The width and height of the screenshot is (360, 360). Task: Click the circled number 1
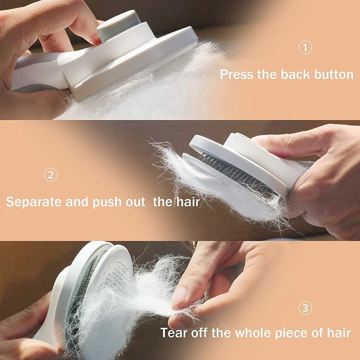pos(305,48)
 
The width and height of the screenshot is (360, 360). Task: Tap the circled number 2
pos(51,175)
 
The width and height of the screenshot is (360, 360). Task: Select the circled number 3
pos(305,308)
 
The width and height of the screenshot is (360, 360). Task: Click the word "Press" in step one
pos(237,75)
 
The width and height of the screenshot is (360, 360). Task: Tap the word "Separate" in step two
pos(34,202)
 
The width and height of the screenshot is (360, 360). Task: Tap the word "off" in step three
pos(199,332)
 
